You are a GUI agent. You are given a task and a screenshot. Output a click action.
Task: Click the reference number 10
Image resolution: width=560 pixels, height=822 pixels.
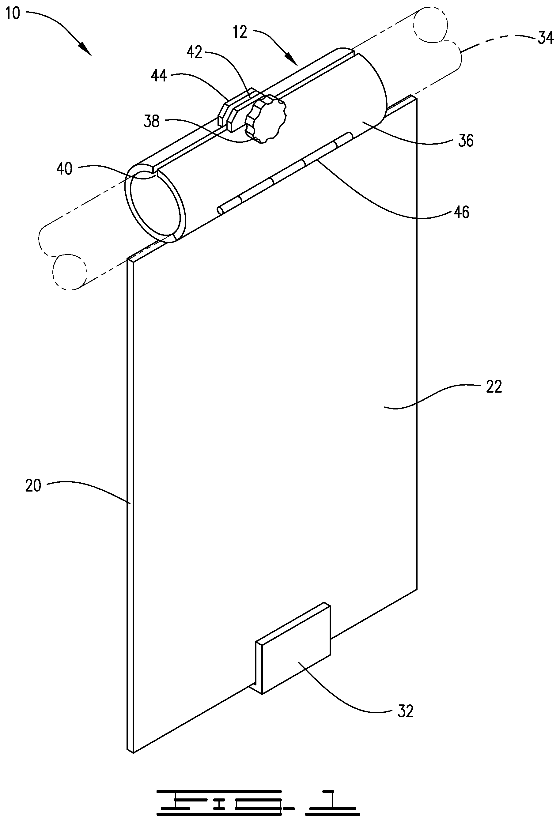(x=13, y=13)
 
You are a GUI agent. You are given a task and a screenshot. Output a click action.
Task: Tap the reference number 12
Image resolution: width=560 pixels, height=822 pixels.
(x=240, y=32)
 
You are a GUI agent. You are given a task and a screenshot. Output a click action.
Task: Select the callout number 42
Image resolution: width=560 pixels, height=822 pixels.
(x=194, y=53)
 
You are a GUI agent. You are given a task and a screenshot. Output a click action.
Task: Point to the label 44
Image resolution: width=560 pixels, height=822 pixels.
(x=159, y=76)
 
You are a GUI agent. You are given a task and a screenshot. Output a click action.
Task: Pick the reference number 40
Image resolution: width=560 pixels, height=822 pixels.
(x=64, y=169)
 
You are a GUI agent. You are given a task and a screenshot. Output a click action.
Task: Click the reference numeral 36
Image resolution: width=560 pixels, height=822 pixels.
(x=466, y=141)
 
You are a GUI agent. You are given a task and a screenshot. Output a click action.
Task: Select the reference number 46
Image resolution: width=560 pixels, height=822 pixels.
(x=461, y=212)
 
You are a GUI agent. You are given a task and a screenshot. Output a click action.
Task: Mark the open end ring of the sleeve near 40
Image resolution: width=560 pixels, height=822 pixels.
(x=155, y=203)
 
